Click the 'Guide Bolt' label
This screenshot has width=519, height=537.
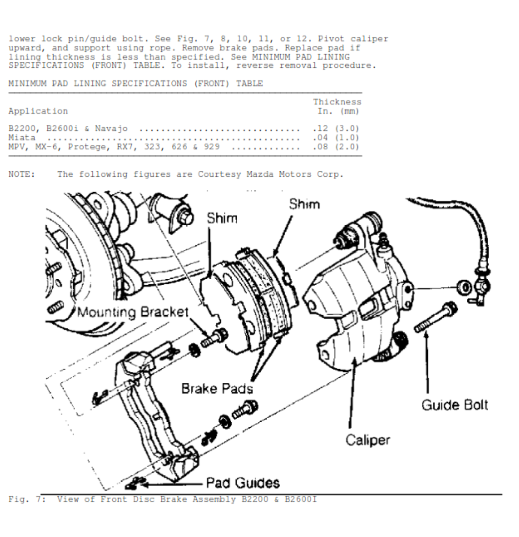455,405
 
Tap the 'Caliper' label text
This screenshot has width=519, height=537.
368,440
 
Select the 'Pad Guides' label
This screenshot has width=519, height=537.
243,483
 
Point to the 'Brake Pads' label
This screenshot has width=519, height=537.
217,389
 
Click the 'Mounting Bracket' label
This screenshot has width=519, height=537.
133,312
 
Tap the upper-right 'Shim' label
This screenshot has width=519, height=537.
304,204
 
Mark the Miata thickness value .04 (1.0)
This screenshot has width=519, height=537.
336,138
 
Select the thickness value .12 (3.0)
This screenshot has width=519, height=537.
336,129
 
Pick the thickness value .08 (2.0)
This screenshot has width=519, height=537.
336,147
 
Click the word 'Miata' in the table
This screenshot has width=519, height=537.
21,138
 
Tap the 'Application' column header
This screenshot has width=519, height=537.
38,111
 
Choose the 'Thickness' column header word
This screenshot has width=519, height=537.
337,102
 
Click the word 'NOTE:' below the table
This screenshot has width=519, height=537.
21,174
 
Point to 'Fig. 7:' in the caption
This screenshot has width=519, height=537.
27,499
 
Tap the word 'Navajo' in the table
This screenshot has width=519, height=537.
111,129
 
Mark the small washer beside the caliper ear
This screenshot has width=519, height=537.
464,287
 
